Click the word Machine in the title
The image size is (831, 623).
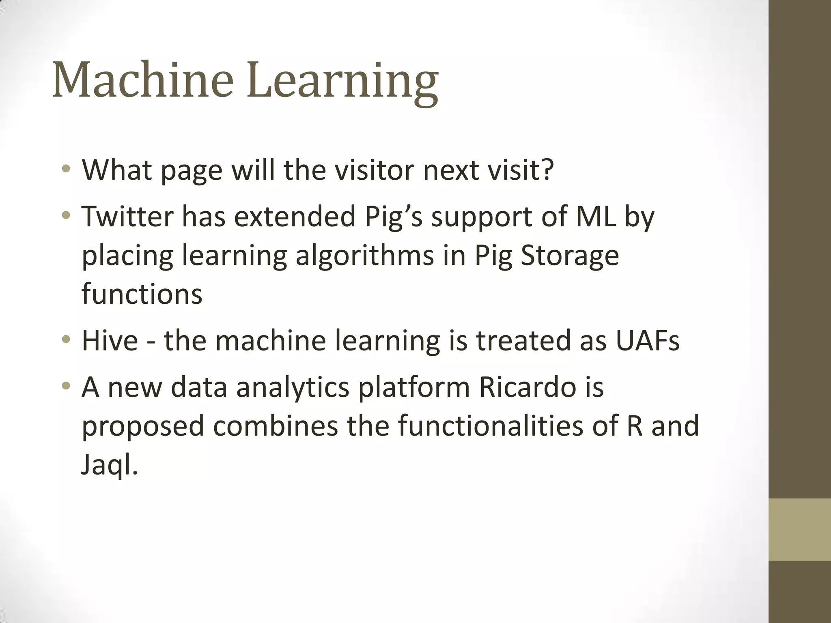coord(143,79)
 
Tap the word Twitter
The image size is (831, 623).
coord(127,217)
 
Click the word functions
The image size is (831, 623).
coord(142,294)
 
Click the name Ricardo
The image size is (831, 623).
coord(527,387)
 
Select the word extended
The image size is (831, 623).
coord(295,217)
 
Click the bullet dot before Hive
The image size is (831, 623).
coord(66,339)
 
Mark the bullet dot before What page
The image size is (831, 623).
coord(66,168)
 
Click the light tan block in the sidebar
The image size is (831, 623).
coord(799,529)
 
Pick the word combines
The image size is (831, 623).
coord(276,426)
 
